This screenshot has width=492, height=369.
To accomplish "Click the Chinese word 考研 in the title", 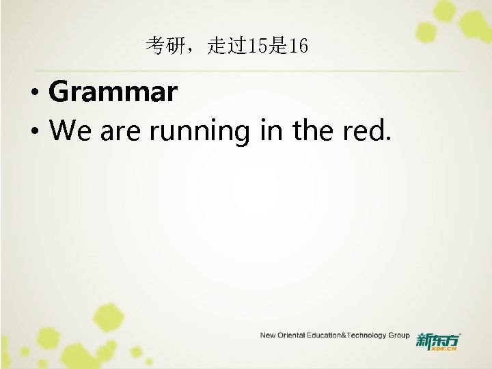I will click(163, 46).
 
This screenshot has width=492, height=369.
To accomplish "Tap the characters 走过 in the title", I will click(220, 46).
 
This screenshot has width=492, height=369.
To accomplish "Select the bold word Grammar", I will click(113, 92).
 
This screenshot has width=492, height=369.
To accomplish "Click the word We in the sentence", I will click(71, 130).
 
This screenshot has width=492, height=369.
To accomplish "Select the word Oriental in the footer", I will click(292, 336).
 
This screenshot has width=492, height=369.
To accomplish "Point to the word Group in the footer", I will click(399, 336).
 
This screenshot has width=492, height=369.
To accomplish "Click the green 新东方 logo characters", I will click(437, 339).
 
